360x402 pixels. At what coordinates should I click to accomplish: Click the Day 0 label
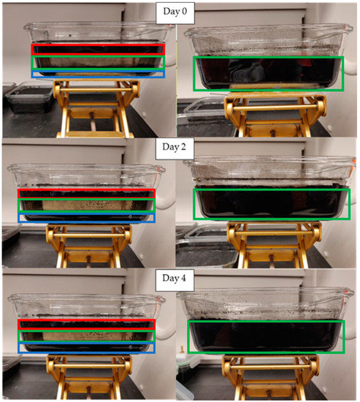tap(180, 12)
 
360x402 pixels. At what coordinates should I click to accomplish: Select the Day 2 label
tap(180, 147)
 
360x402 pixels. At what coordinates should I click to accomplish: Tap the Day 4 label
tap(180, 278)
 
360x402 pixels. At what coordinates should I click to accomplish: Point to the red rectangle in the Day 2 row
tap(87, 194)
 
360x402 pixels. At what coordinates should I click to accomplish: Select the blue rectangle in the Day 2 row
tap(87, 218)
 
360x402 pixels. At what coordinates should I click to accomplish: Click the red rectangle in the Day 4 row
tap(85, 325)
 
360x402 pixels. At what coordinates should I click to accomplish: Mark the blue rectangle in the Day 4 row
tap(85, 348)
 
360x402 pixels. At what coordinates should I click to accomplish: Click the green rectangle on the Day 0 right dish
tap(268, 73)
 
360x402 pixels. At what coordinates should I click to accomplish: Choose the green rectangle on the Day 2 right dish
tap(267, 203)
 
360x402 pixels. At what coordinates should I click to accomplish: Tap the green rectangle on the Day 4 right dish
tap(265, 337)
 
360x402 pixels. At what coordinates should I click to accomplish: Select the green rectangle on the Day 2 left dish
tap(87, 205)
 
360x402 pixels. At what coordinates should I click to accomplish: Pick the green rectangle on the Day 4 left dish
tap(85, 336)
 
